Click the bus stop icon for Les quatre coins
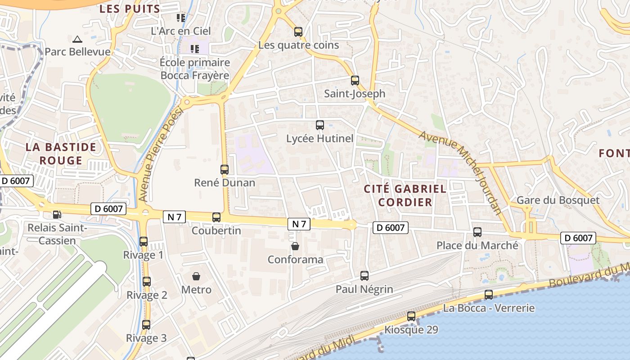pyautogui.click(x=298, y=32)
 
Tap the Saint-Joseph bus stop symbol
pyautogui.click(x=355, y=81)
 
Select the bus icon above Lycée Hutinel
pyautogui.click(x=320, y=125)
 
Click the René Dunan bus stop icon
pyautogui.click(x=225, y=170)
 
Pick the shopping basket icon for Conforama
pyautogui.click(x=295, y=246)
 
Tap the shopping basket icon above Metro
pyautogui.click(x=196, y=276)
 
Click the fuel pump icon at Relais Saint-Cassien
pyautogui.click(x=57, y=215)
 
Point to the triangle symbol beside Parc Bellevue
pyautogui.click(x=77, y=40)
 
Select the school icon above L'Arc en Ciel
pyautogui.click(x=181, y=18)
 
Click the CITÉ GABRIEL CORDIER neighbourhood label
pyautogui.click(x=405, y=195)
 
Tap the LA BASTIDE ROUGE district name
pyautogui.click(x=61, y=153)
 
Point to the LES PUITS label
pyautogui.click(x=130, y=9)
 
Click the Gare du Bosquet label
pyautogui.click(x=558, y=200)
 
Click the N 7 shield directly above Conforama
pyautogui.click(x=299, y=224)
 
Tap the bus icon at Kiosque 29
pyautogui.click(x=411, y=316)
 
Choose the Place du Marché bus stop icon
pyautogui.click(x=477, y=232)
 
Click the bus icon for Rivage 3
pyautogui.click(x=146, y=325)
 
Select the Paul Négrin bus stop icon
pyautogui.click(x=364, y=276)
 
